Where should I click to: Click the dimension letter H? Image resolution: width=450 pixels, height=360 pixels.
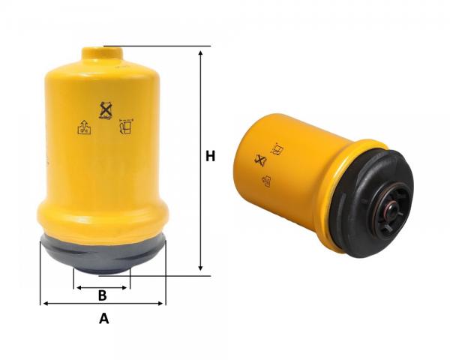pos(210,156)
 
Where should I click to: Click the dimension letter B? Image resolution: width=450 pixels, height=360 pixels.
pos(103,295)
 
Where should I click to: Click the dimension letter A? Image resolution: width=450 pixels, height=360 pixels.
pos(104,319)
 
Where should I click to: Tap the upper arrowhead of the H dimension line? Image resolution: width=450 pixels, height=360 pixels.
pos(200,53)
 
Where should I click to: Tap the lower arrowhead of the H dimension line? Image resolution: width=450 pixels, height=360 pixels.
pos(200,268)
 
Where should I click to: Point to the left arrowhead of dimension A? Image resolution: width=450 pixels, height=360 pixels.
pos(45,303)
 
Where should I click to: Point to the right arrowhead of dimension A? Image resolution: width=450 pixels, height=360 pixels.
pos(160,303)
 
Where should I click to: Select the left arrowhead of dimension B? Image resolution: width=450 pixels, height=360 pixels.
pos(79,288)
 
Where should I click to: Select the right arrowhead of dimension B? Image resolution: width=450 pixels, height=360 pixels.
pos(124,288)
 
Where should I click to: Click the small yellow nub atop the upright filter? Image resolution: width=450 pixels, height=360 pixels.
pos(103,54)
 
